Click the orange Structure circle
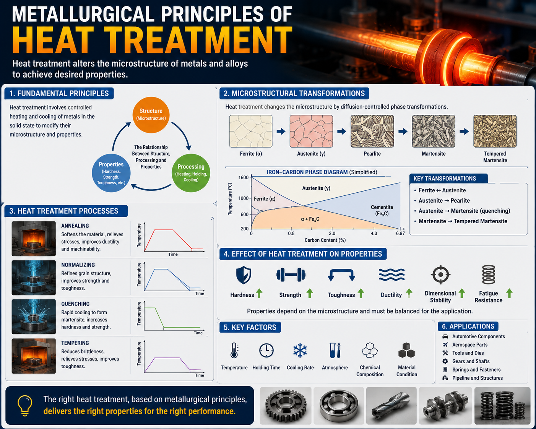[x=151, y=115]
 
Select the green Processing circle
[x=191, y=173]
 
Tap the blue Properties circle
[x=111, y=173]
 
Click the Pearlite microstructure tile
[x=372, y=131]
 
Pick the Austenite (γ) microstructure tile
[x=311, y=131]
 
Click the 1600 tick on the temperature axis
[x=244, y=177]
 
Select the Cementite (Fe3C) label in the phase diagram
[x=382, y=210]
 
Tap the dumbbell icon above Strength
[x=291, y=275]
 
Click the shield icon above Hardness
[x=244, y=275]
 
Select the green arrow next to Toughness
[x=361, y=293]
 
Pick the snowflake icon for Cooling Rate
[x=300, y=350]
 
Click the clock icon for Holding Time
[x=266, y=350]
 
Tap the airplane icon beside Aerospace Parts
[x=445, y=344]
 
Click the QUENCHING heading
[x=75, y=304]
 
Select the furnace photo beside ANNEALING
[x=34, y=239]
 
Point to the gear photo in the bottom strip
[x=286, y=406]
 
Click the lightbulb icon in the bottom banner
[x=24, y=406]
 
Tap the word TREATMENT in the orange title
[x=198, y=40]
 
